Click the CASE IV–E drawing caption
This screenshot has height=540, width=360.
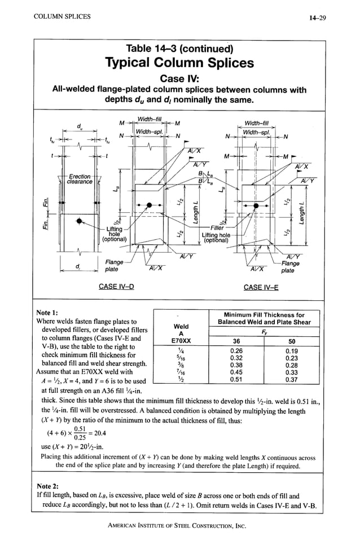pyautogui.click(x=263, y=287)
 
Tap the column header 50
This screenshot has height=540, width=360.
pyautogui.click(x=291, y=340)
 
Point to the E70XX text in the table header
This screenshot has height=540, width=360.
pyautogui.click(x=181, y=341)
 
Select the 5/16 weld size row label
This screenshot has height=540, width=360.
pyautogui.click(x=181, y=357)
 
